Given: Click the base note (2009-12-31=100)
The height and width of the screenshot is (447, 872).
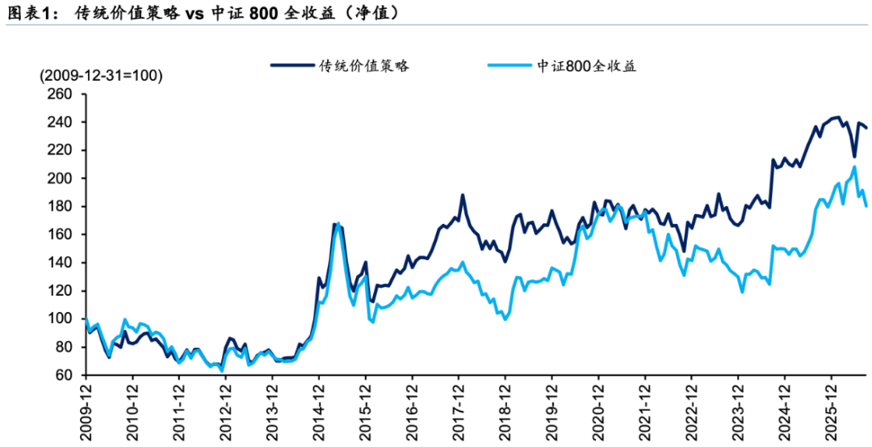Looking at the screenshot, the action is (x=101, y=76).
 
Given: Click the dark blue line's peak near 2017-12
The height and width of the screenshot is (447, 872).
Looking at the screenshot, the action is (x=462, y=196).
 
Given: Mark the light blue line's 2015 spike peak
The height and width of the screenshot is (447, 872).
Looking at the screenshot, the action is (x=338, y=224).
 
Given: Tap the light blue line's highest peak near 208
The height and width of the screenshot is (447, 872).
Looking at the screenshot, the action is (x=854, y=167).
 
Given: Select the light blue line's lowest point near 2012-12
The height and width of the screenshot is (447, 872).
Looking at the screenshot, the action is (x=222, y=371).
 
